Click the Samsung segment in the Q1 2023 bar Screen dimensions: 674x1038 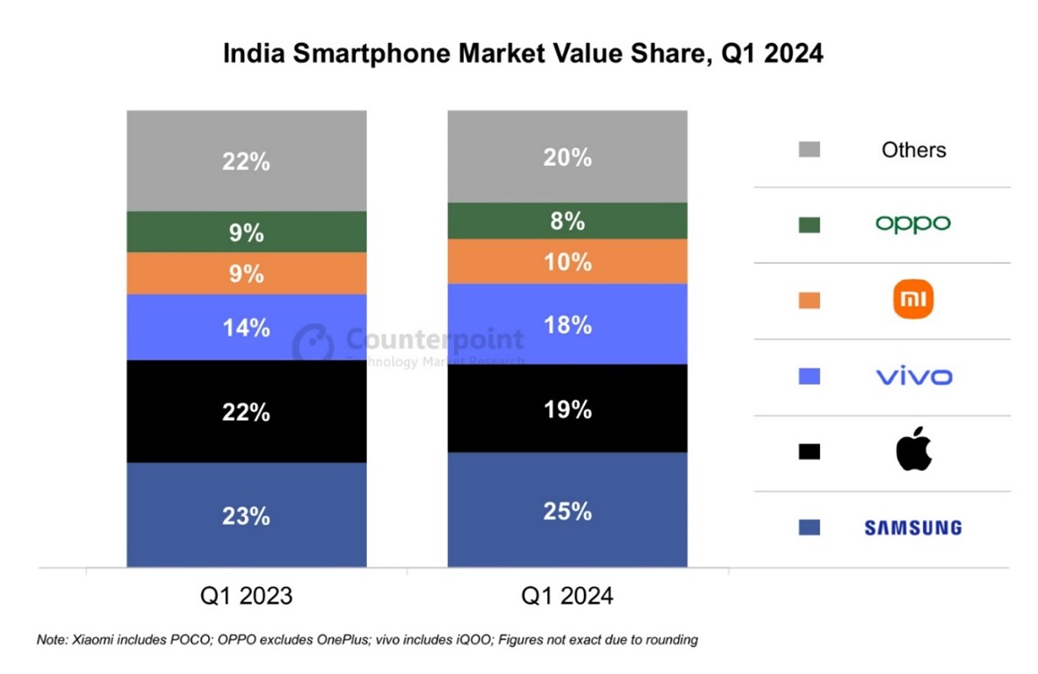point(246,515)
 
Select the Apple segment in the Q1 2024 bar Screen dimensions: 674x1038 point(567,409)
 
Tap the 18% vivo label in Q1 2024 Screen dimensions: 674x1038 point(567,325)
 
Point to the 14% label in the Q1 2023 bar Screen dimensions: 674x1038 point(246,328)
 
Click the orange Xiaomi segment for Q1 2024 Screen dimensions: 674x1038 point(567,261)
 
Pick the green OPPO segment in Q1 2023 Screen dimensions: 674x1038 point(246,232)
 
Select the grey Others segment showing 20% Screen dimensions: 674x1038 point(567,156)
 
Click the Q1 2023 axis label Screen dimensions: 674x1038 point(246,597)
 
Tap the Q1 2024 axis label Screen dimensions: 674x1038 point(567,597)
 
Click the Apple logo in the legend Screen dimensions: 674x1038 point(913,451)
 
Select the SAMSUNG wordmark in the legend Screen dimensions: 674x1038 point(913,528)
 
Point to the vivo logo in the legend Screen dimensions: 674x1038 point(913,377)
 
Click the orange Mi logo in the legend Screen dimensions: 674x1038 point(913,301)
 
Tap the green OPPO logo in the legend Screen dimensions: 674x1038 point(913,224)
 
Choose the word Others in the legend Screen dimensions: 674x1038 point(913,150)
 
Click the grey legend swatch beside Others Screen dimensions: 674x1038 point(809,149)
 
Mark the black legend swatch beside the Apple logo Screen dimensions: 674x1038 point(809,452)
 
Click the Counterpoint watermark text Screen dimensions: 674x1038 point(435,339)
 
